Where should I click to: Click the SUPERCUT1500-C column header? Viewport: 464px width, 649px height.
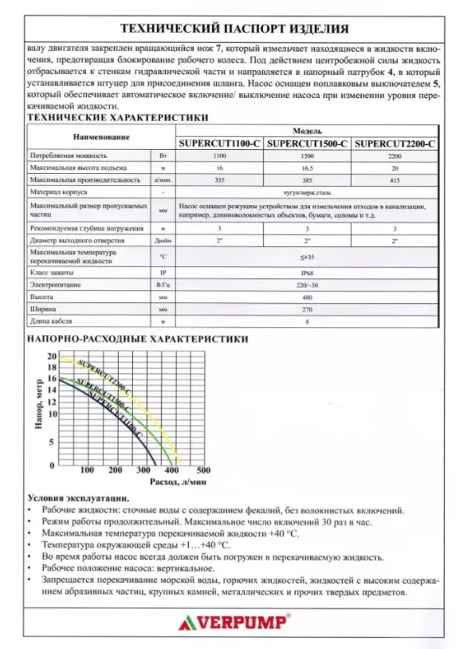coord(307,144)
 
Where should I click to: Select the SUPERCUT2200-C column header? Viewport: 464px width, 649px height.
coord(395,144)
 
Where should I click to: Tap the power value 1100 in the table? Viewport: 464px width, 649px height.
coord(219,157)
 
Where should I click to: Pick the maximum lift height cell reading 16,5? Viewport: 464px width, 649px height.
coord(307,170)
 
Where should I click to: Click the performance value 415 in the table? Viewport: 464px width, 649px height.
coord(395,182)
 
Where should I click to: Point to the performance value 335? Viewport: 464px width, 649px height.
coord(219,182)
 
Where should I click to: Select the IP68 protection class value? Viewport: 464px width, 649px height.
coord(307,271)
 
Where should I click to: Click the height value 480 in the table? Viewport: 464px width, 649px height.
coord(307,297)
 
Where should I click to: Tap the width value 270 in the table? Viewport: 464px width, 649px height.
coord(307,309)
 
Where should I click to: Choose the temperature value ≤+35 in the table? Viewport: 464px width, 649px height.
coord(307,257)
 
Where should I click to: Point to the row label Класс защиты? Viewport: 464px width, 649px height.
coord(53,271)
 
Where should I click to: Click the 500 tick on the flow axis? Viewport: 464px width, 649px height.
coord(202,470)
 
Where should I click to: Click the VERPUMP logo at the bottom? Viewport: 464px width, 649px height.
coord(233,620)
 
